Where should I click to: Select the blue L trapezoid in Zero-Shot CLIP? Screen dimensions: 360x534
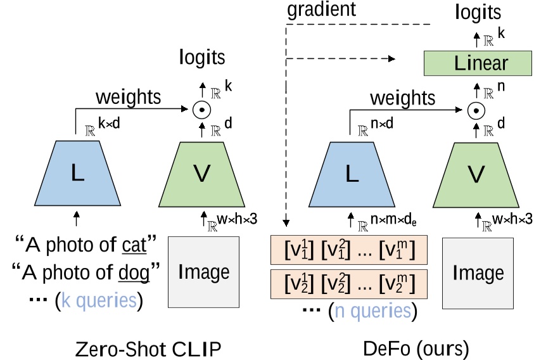[x=77, y=174]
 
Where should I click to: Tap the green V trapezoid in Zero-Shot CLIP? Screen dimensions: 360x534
[x=201, y=174]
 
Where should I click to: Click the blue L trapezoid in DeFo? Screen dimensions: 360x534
[x=350, y=174]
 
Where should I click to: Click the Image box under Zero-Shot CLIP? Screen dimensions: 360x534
[x=203, y=272]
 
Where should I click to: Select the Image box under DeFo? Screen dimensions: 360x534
[x=478, y=273]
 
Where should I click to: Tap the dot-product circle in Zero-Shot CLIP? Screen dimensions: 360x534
[x=201, y=110]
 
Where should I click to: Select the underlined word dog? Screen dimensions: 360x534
[x=134, y=273]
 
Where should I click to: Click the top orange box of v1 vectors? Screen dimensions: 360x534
[x=350, y=251]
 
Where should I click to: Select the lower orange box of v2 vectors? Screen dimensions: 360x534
[x=350, y=283]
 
